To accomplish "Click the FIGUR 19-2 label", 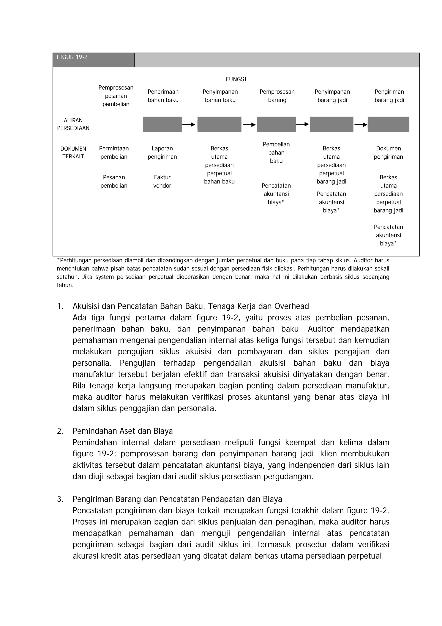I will click(x=72, y=57).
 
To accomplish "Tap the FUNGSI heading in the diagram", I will click(x=236, y=79).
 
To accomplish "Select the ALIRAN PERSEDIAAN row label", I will click(x=73, y=124).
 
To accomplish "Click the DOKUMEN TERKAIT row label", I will click(x=73, y=152).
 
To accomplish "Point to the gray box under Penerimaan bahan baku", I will click(x=162, y=124).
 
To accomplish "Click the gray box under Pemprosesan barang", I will click(x=276, y=124).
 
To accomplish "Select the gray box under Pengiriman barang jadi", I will click(x=388, y=124).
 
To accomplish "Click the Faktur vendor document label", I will click(x=162, y=181).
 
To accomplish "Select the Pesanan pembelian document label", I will click(x=114, y=181).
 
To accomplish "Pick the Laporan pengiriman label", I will click(x=162, y=152).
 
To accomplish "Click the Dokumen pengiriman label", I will click(x=388, y=152).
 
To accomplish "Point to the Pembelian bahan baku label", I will click(x=276, y=152).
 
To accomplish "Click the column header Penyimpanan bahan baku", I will click(x=220, y=96).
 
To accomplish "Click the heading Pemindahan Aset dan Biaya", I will click(x=123, y=431).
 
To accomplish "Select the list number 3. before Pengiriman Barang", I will click(x=60, y=499).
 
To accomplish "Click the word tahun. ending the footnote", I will click(x=65, y=285).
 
